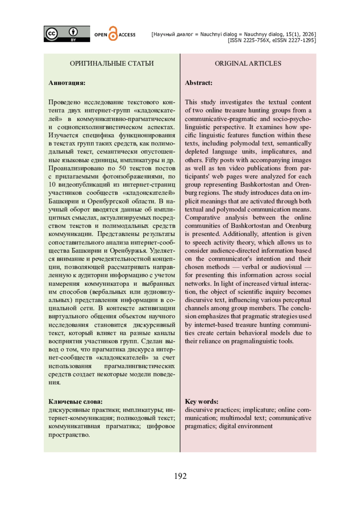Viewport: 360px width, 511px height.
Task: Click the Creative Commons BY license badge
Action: pos(67,34)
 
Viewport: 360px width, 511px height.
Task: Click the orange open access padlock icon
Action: pos(113,34)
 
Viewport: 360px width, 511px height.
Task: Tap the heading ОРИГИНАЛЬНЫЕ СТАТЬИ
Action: pos(112,63)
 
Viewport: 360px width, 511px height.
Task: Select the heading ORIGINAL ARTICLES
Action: pos(248,63)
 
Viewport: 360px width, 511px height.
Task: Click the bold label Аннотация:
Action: pos(67,83)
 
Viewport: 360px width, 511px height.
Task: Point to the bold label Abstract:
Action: pos(199,83)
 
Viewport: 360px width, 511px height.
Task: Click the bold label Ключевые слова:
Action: pos(75,401)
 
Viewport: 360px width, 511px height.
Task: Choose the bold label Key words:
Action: pos(202,401)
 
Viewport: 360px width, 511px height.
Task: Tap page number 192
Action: pos(180,476)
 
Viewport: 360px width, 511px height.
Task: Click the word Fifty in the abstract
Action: pos(212,160)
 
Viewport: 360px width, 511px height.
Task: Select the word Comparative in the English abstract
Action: pos(202,218)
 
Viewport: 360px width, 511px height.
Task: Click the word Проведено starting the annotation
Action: pos(64,102)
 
